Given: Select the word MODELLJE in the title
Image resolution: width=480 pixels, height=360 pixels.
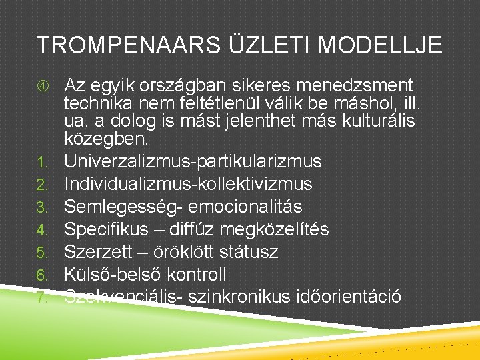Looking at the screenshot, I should tap(379, 45).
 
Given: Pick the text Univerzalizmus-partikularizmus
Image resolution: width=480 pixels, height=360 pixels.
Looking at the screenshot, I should tap(193, 161).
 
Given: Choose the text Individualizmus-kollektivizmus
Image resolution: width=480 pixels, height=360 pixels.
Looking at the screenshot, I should tap(188, 184).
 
